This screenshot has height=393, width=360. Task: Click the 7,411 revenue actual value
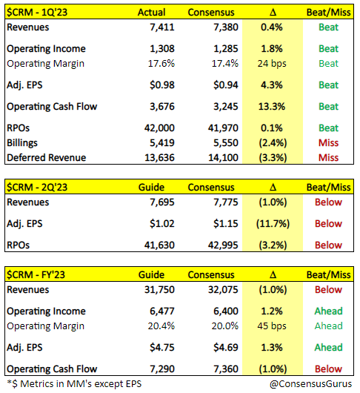click(162, 27)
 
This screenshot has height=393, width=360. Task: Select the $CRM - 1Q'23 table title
click(37, 12)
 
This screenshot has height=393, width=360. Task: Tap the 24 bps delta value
click(272, 64)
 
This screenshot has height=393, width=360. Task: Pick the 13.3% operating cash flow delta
click(272, 107)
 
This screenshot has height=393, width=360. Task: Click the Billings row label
click(22, 143)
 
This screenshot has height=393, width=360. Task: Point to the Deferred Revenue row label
click(47, 158)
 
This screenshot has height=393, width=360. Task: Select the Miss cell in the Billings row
click(328, 143)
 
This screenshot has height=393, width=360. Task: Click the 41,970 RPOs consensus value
click(223, 128)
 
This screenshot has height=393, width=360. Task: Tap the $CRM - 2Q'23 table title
click(37, 187)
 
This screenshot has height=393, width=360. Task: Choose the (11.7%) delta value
click(273, 224)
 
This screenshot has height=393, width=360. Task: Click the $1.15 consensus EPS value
click(226, 224)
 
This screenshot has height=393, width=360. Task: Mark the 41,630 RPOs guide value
click(159, 245)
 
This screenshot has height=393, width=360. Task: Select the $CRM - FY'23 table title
click(36, 274)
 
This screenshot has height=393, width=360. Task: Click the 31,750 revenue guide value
click(159, 290)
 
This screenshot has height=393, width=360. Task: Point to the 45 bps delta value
click(272, 326)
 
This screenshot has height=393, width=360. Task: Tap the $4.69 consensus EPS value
click(226, 348)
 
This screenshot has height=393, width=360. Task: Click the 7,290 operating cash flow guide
click(162, 369)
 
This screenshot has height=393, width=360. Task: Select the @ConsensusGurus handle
click(310, 384)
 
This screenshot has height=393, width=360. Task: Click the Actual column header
click(151, 13)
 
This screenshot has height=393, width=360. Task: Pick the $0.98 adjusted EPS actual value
click(162, 85)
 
